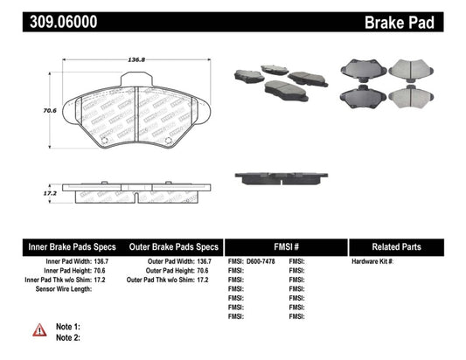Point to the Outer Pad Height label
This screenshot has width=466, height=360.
click(170, 271)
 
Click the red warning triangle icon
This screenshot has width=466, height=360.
click(40, 329)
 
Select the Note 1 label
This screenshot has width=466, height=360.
click(68, 325)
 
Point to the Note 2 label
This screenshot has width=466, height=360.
click(68, 336)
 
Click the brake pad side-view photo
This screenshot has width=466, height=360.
click(280, 177)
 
